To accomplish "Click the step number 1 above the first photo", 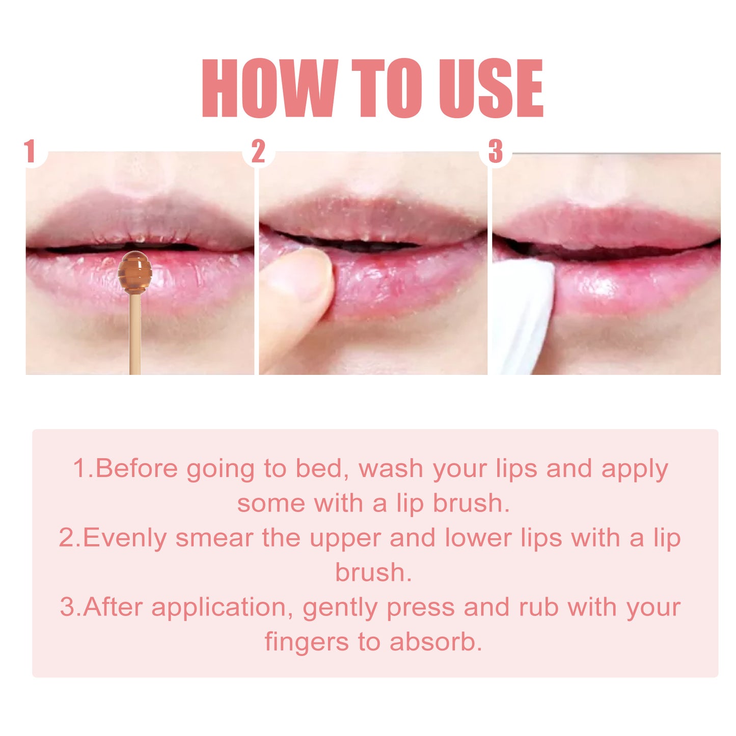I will coord(30,151).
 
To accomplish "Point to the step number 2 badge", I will coord(258,151).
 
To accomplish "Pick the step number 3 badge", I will coord(496,151).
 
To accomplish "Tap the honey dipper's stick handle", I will coord(135,336).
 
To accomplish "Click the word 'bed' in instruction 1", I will coord(320,469).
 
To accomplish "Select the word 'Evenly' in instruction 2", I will coord(125,538).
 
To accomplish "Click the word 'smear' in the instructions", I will coord(214,538).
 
